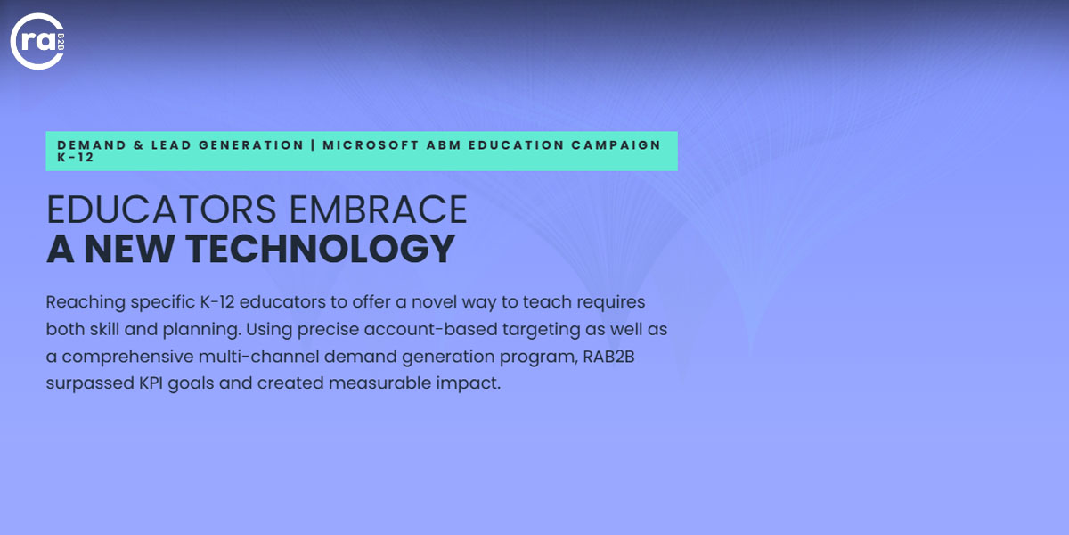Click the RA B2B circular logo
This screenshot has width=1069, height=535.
pyautogui.click(x=37, y=41)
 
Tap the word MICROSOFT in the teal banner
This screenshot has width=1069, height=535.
pyautogui.click(x=371, y=144)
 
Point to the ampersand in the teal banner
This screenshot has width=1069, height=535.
pyautogui.click(x=138, y=144)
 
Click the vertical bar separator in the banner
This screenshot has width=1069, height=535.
pyautogui.click(x=313, y=144)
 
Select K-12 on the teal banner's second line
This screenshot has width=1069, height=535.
pyautogui.click(x=76, y=158)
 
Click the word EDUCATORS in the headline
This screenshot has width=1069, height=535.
pyautogui.click(x=161, y=210)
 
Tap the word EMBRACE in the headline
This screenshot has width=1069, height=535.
pyautogui.click(x=378, y=210)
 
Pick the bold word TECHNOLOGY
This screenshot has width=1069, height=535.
pyautogui.click(x=320, y=249)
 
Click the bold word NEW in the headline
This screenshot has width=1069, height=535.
pyautogui.click(x=129, y=249)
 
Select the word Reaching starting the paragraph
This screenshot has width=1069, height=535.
pyautogui.click(x=86, y=303)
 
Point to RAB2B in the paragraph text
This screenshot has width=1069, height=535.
pyautogui.click(x=609, y=357)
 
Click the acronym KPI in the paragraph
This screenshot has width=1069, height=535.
pyautogui.click(x=151, y=383)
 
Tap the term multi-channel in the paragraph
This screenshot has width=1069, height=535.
pyautogui.click(x=258, y=357)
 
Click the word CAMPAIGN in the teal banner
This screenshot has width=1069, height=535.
pyautogui.click(x=616, y=144)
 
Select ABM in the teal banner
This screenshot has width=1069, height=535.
pyautogui.click(x=444, y=144)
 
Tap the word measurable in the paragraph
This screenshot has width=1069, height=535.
pyautogui.click(x=379, y=383)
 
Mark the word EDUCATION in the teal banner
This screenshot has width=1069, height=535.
pyautogui.click(x=517, y=144)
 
